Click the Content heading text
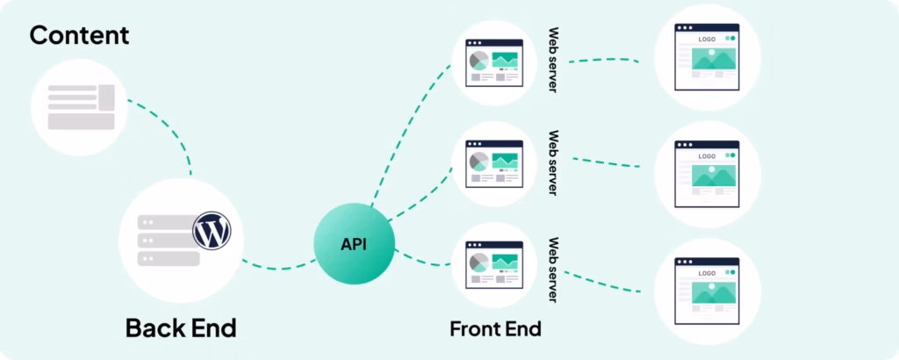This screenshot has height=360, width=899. (79, 35)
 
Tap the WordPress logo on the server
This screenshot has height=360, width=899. (212, 230)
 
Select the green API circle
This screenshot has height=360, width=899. (354, 243)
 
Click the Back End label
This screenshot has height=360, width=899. (181, 328)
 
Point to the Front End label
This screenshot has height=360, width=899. (495, 329)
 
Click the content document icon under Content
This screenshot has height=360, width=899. (81, 107)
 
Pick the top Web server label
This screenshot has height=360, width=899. (553, 61)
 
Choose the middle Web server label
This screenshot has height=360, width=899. (553, 163)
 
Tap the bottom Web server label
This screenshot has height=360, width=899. (553, 270)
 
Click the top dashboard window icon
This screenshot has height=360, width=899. (494, 62)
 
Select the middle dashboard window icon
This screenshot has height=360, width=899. (494, 164)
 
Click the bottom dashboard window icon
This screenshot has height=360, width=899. (494, 265)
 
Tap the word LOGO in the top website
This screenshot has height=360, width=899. (707, 40)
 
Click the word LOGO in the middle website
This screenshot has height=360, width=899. (707, 156)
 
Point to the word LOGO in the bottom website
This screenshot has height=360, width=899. (707, 273)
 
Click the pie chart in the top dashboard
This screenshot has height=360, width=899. (478, 61)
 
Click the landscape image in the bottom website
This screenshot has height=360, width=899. (714, 292)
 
